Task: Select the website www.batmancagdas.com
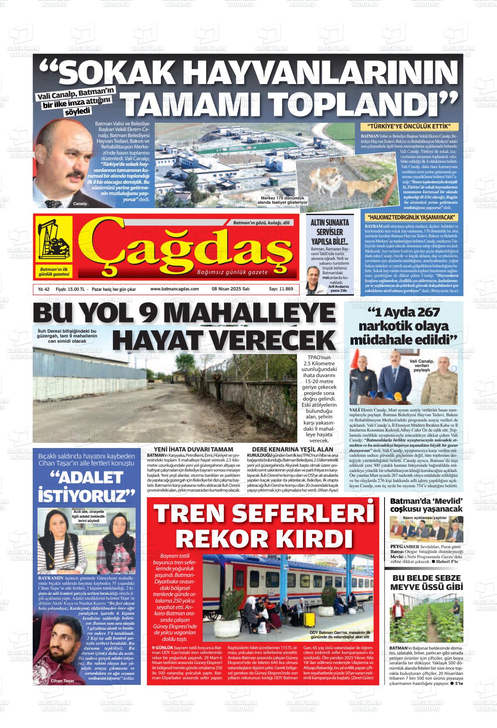pos(174,289)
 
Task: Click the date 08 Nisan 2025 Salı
pos(230,289)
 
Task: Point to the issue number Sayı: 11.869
pos(281,289)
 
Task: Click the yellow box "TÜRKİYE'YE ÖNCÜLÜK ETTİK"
pos(409,127)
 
